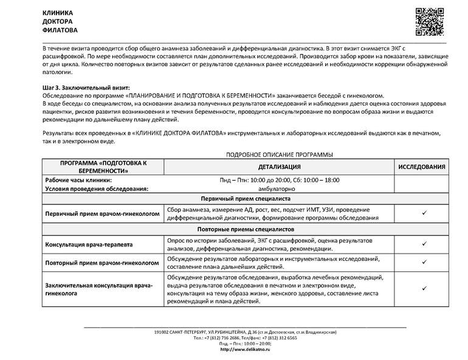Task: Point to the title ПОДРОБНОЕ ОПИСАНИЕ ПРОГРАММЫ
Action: [x=279, y=155]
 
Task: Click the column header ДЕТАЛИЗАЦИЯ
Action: [x=279, y=167]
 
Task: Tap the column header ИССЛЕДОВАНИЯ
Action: [x=423, y=167]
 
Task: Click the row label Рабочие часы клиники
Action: [x=78, y=181]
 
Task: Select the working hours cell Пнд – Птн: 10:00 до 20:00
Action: [x=279, y=181]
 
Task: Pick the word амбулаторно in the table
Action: [x=279, y=189]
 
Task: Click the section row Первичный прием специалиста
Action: [x=246, y=199]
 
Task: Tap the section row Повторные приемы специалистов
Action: [x=246, y=230]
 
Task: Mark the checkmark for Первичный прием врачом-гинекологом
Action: [x=424, y=214]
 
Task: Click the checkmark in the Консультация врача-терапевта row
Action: [x=424, y=244]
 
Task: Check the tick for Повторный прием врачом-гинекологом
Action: [x=424, y=263]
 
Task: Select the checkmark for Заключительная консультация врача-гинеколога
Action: [x=424, y=290]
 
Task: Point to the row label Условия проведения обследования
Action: [x=97, y=189]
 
